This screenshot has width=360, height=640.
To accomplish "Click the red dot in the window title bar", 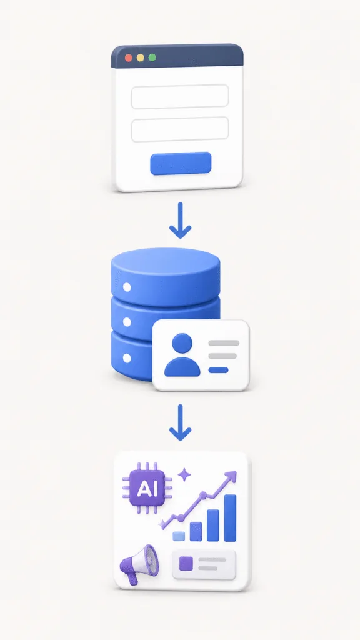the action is tap(129, 57).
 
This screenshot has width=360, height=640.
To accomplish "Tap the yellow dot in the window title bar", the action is tap(141, 57).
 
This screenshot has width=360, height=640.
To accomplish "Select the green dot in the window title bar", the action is tap(152, 57).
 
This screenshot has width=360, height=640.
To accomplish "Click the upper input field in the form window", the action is tap(180, 97).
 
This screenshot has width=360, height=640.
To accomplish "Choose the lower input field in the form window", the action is tap(180, 129).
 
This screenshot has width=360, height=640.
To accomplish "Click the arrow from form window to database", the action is tap(180, 220).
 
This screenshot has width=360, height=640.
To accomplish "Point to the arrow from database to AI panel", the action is tap(180, 422).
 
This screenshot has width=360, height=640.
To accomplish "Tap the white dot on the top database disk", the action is tap(127, 287).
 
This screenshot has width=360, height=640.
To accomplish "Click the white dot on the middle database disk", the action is tap(127, 322).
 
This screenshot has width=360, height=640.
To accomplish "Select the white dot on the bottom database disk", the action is tap(127, 358).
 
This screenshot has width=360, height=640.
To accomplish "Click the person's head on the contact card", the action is tap(182, 344).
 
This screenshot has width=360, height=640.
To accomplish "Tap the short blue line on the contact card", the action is tap(218, 370).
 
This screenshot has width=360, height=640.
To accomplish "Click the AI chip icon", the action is tap(147, 488).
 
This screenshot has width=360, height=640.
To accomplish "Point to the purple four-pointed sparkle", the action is tap(184, 475).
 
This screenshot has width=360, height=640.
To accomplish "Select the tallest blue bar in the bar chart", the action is tap(230, 518).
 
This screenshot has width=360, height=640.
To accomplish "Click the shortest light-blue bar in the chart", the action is tap(179, 536).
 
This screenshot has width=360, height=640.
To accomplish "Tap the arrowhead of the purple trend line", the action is tap(231, 476).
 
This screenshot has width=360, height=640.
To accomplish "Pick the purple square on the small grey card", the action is tap(186, 564).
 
